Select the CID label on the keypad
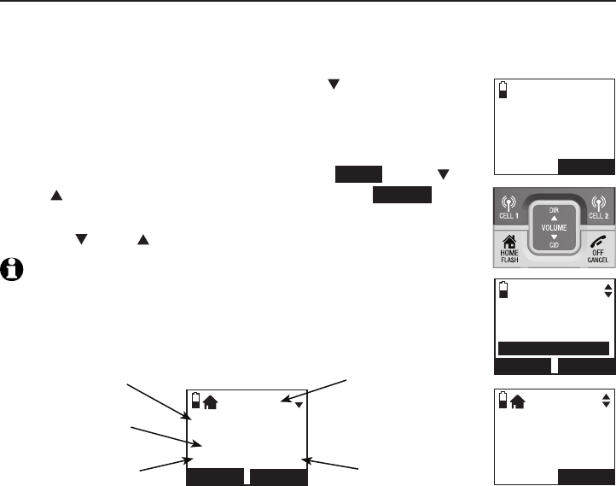coord(555,251)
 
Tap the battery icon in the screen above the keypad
coord(502,90)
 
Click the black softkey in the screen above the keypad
coord(585,166)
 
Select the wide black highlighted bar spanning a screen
coord(553,348)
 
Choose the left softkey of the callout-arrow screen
coord(214,477)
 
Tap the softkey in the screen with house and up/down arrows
coord(585,477)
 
